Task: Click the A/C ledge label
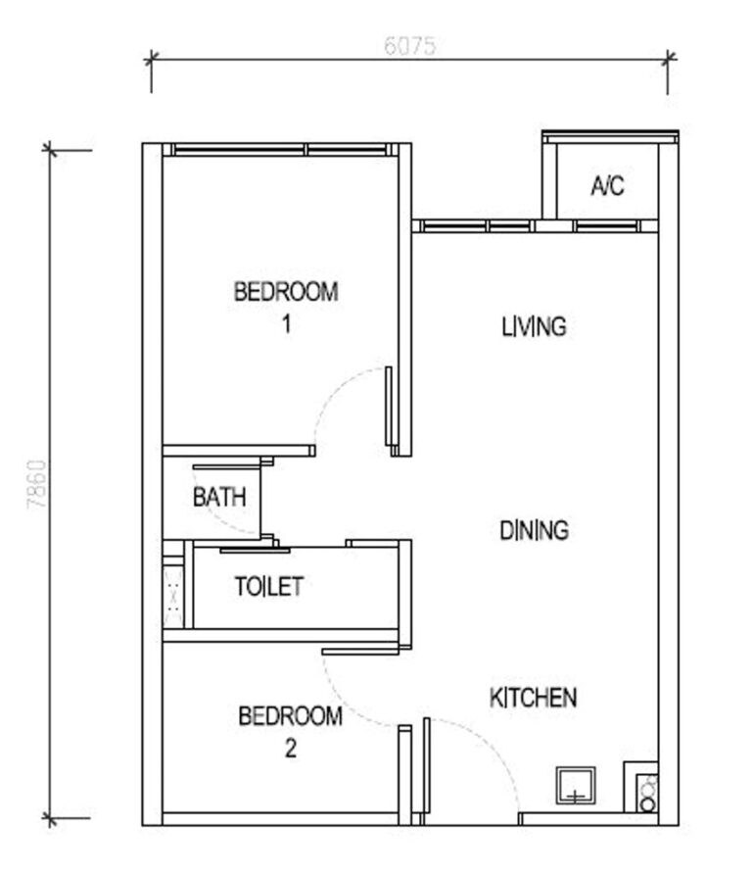[x=607, y=186]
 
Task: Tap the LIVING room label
[x=534, y=326]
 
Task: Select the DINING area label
[x=534, y=531]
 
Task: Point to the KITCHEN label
[x=533, y=698]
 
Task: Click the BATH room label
[x=219, y=497]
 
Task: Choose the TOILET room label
[x=269, y=587]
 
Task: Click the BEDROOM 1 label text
[x=286, y=291]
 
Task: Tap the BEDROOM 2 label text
[x=291, y=716]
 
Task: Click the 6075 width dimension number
[x=409, y=46]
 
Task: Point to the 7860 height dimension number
[x=36, y=484]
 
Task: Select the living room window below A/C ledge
[x=534, y=226]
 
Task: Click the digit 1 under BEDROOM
[x=286, y=323]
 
